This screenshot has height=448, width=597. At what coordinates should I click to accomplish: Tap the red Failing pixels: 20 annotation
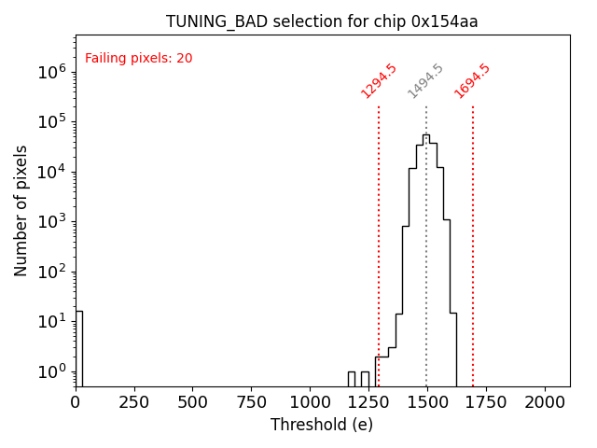click(x=138, y=59)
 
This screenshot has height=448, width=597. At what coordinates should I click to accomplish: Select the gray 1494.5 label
click(x=425, y=81)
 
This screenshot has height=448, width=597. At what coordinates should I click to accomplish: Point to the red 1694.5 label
click(x=473, y=80)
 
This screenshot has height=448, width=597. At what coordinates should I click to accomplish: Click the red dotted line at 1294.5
click(x=379, y=233)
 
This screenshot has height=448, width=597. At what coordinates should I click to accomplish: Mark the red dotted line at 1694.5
click(x=473, y=233)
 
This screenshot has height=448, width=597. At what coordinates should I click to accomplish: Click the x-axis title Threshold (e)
click(x=322, y=425)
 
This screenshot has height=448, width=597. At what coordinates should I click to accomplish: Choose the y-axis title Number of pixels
click(x=21, y=210)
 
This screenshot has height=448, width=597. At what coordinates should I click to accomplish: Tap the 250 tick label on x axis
click(x=134, y=401)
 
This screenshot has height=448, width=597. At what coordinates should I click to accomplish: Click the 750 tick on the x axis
click(x=251, y=401)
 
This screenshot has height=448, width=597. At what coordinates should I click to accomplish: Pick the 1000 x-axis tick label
click(x=310, y=401)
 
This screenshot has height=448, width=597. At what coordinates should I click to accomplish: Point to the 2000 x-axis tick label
click(x=544, y=401)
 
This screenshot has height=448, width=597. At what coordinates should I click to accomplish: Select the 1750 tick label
click(x=485, y=401)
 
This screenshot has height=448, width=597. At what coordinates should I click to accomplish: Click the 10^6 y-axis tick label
click(x=52, y=71)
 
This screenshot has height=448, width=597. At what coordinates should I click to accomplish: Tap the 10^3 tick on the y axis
click(x=52, y=221)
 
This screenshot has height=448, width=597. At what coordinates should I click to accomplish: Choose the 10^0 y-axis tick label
click(x=52, y=371)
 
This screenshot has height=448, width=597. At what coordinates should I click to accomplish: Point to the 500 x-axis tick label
click(x=192, y=401)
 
